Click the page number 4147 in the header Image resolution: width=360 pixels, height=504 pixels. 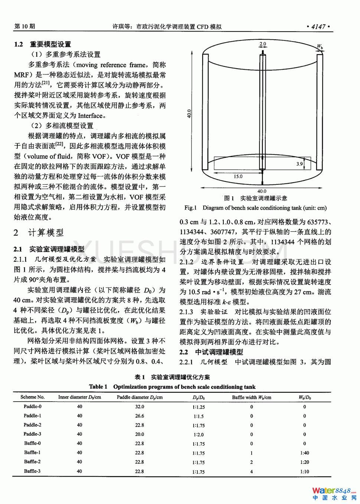coord(318,26)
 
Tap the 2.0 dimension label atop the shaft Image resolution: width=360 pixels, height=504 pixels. coord(263,44)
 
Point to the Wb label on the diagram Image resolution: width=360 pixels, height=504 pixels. coord(320,47)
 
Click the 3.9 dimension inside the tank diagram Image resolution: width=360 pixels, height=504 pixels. coord(300,164)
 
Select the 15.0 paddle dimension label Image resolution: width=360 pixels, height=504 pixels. coord(238,176)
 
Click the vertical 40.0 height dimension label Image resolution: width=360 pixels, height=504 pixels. coord(189,113)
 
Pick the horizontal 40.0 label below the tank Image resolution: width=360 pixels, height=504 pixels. coord(262,192)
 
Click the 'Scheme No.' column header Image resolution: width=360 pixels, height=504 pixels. coord(33,397)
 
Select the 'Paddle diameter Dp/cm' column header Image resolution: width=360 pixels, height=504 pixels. coord(140,397)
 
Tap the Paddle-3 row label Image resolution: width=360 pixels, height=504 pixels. coord(33,434)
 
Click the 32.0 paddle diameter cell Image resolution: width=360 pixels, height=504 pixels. coord(140,407)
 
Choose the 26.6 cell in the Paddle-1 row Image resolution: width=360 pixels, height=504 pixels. coord(140,416)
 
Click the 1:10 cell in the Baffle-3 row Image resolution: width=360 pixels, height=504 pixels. coord(305,472)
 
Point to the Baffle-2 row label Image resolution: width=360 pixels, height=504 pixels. coord(33,462)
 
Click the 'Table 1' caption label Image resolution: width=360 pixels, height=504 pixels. coord(98,387)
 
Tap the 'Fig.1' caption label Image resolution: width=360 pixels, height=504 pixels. coord(191,208)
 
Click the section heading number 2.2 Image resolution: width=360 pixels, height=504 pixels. coord(184,352)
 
